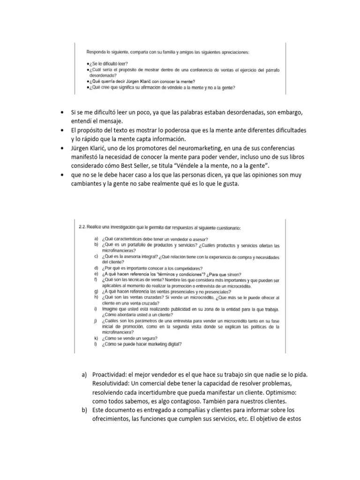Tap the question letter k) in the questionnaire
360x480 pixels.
pos(96,338)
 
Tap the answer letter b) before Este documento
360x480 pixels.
pos(84,412)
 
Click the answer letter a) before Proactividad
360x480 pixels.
pos(84,376)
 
